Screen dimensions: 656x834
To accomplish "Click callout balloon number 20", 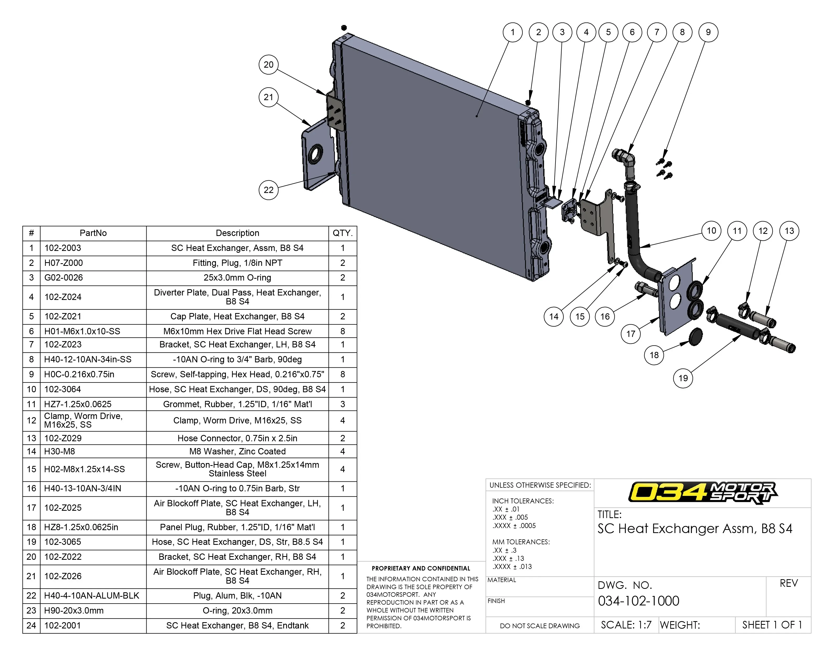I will point(269,64).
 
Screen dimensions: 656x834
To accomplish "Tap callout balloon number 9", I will point(708,32).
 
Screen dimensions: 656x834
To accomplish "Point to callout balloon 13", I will point(789,231).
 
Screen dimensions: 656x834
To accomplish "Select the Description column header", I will point(237,233).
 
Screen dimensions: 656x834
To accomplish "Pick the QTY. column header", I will point(342,233).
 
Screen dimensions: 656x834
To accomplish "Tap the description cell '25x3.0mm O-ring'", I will point(237,278).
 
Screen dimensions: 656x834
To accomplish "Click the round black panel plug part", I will point(694,337).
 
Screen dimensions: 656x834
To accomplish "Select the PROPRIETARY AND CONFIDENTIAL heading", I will point(421,568).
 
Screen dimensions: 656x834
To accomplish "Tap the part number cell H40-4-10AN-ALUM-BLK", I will point(92,596).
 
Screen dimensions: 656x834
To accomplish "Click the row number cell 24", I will point(31,626).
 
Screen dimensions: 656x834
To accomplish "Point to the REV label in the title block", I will point(788,583).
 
